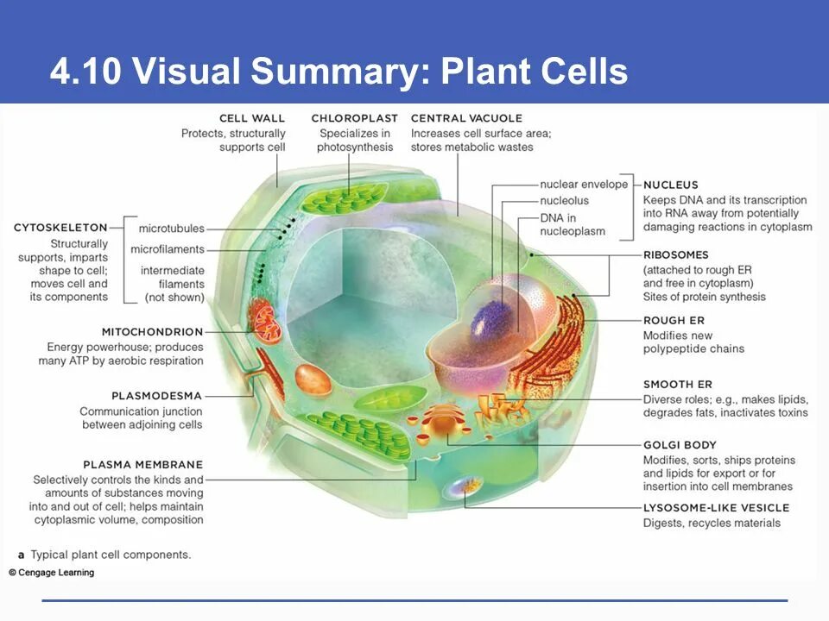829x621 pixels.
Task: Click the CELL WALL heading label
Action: [251, 118]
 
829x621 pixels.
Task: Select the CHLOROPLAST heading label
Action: [354, 118]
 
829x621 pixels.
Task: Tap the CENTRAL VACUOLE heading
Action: [466, 118]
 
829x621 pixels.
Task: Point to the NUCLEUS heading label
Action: [671, 185]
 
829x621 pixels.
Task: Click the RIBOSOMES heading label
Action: [675, 255]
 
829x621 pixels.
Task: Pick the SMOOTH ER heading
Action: [677, 385]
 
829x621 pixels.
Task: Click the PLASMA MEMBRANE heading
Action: [143, 465]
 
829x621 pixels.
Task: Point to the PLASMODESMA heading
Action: [157, 396]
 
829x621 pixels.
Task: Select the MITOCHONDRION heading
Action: [152, 331]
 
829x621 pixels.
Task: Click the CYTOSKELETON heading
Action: [60, 228]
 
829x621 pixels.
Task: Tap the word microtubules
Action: [171, 229]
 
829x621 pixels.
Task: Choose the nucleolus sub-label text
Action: [564, 201]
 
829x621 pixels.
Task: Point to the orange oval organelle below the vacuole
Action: [313, 379]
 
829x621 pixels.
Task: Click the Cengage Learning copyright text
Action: [53, 573]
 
